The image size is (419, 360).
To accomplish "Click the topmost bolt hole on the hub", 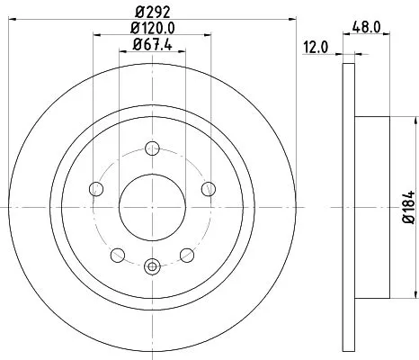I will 152,149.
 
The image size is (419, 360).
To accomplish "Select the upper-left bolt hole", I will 96,188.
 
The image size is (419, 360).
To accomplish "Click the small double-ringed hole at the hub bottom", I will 152,265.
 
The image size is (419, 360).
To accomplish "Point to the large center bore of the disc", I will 152,206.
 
